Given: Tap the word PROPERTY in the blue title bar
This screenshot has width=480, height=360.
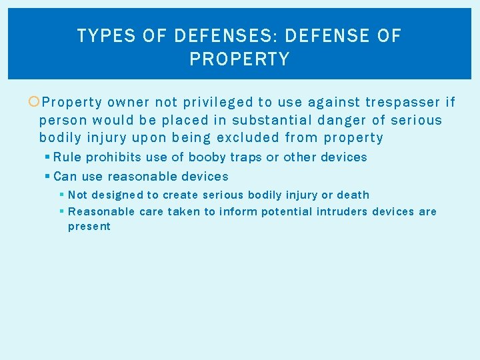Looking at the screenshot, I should pyautogui.click(x=239, y=59).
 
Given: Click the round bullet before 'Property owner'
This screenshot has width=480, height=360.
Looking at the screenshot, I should pyautogui.click(x=34, y=102).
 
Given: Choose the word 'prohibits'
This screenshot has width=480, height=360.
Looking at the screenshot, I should pyautogui.click(x=108, y=157).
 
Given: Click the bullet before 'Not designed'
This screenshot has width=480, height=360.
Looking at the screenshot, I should pyautogui.click(x=61, y=195).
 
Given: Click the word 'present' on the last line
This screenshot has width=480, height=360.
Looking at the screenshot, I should pyautogui.click(x=89, y=227).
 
